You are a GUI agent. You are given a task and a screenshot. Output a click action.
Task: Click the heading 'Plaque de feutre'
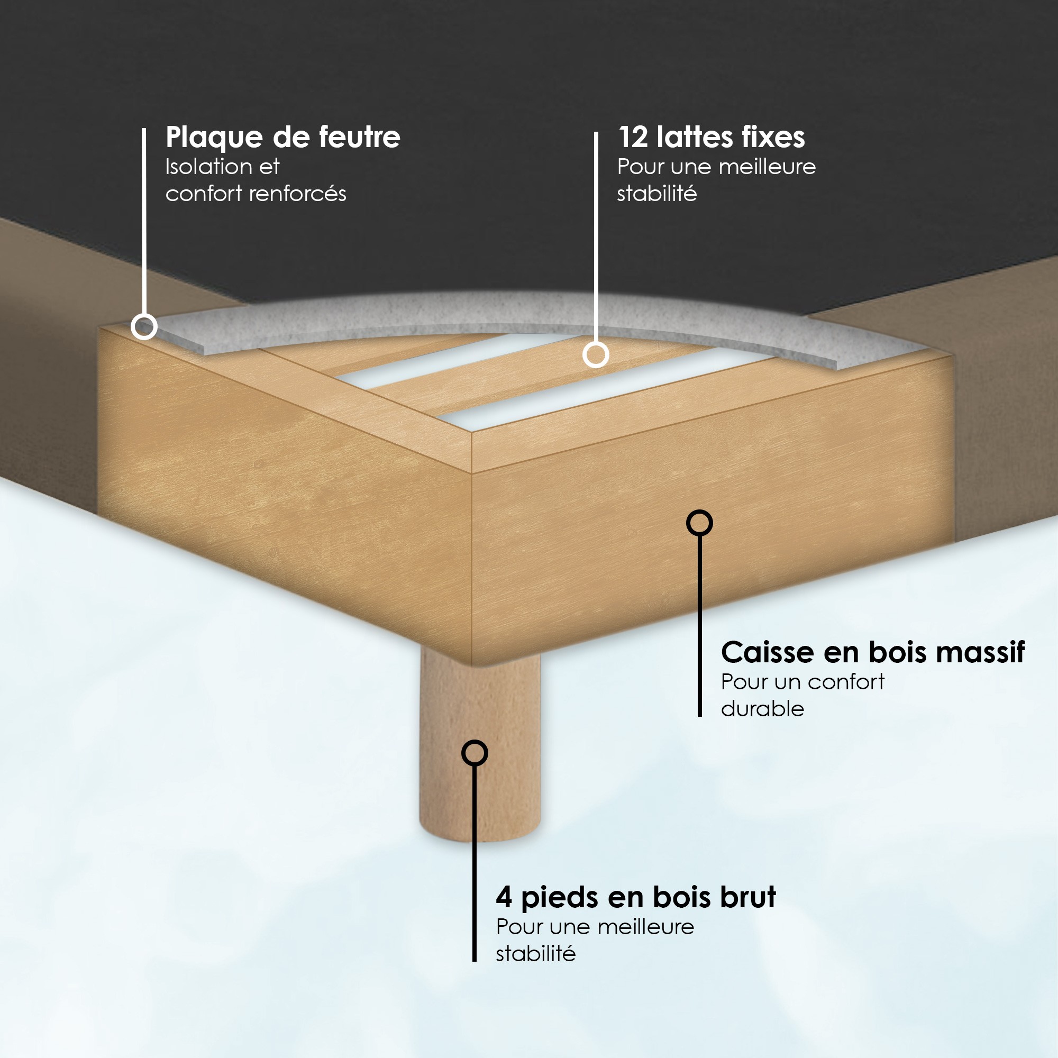[x=282, y=138]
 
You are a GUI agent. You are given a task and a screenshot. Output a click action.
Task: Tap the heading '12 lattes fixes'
[x=712, y=137]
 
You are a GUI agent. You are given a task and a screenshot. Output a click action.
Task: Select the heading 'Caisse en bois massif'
[x=872, y=652]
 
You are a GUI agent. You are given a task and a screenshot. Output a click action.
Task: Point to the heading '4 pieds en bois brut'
[x=636, y=898]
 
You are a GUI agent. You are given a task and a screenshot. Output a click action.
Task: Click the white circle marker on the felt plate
[x=144, y=327]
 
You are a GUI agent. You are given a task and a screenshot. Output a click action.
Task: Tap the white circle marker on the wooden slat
[x=595, y=355]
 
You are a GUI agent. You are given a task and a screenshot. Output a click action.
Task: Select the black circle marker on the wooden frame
[x=699, y=523]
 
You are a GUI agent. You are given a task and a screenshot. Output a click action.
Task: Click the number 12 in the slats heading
[x=633, y=138]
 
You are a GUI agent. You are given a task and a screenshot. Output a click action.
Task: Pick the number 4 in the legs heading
[x=504, y=897]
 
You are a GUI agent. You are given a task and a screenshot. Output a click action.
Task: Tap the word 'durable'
[x=762, y=709]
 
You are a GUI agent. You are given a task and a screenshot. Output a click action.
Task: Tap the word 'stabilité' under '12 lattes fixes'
[x=656, y=193]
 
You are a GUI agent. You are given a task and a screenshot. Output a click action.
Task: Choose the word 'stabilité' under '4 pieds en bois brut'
[x=535, y=954]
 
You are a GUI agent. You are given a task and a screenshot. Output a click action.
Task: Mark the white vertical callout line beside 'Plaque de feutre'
[x=144, y=221]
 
